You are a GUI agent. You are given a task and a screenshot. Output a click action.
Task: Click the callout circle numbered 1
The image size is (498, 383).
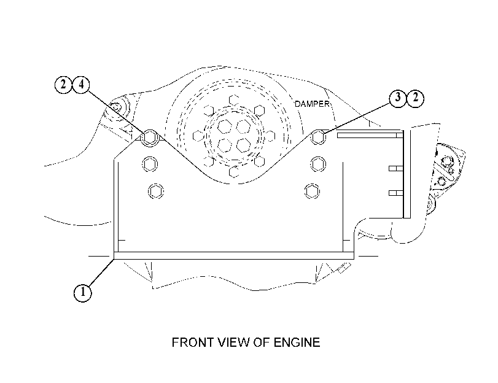click(82, 292)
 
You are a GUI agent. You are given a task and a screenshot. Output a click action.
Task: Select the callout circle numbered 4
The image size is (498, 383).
click(81, 85)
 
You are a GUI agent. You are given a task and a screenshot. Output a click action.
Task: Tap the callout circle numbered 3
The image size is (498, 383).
click(398, 98)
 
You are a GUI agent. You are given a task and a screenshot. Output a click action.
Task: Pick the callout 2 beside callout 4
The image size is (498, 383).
click(63, 85)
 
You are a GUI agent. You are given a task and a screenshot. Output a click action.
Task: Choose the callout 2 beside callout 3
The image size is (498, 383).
click(416, 98)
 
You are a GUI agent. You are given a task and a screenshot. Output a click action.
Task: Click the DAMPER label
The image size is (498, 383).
click(312, 104)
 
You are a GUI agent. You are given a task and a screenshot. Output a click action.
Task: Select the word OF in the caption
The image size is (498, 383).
click(262, 342)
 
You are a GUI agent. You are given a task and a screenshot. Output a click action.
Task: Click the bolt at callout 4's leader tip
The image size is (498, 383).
click(150, 137)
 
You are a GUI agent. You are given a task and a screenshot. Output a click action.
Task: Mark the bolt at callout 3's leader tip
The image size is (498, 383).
click(318, 137)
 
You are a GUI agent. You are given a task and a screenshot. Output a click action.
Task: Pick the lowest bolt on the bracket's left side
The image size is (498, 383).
click(156, 191)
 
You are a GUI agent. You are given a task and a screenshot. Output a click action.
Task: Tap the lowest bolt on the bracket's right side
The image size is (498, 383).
click(312, 191)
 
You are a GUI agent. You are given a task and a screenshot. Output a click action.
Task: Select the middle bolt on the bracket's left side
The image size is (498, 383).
click(150, 164)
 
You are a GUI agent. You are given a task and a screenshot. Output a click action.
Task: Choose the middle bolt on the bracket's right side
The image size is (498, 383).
click(318, 164)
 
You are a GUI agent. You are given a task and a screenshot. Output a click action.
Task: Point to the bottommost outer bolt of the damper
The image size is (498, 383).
click(234, 172)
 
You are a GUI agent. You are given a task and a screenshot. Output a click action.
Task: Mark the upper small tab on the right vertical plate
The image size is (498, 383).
click(396, 168)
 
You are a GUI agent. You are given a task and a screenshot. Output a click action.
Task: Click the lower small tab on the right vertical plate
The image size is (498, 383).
click(396, 193)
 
